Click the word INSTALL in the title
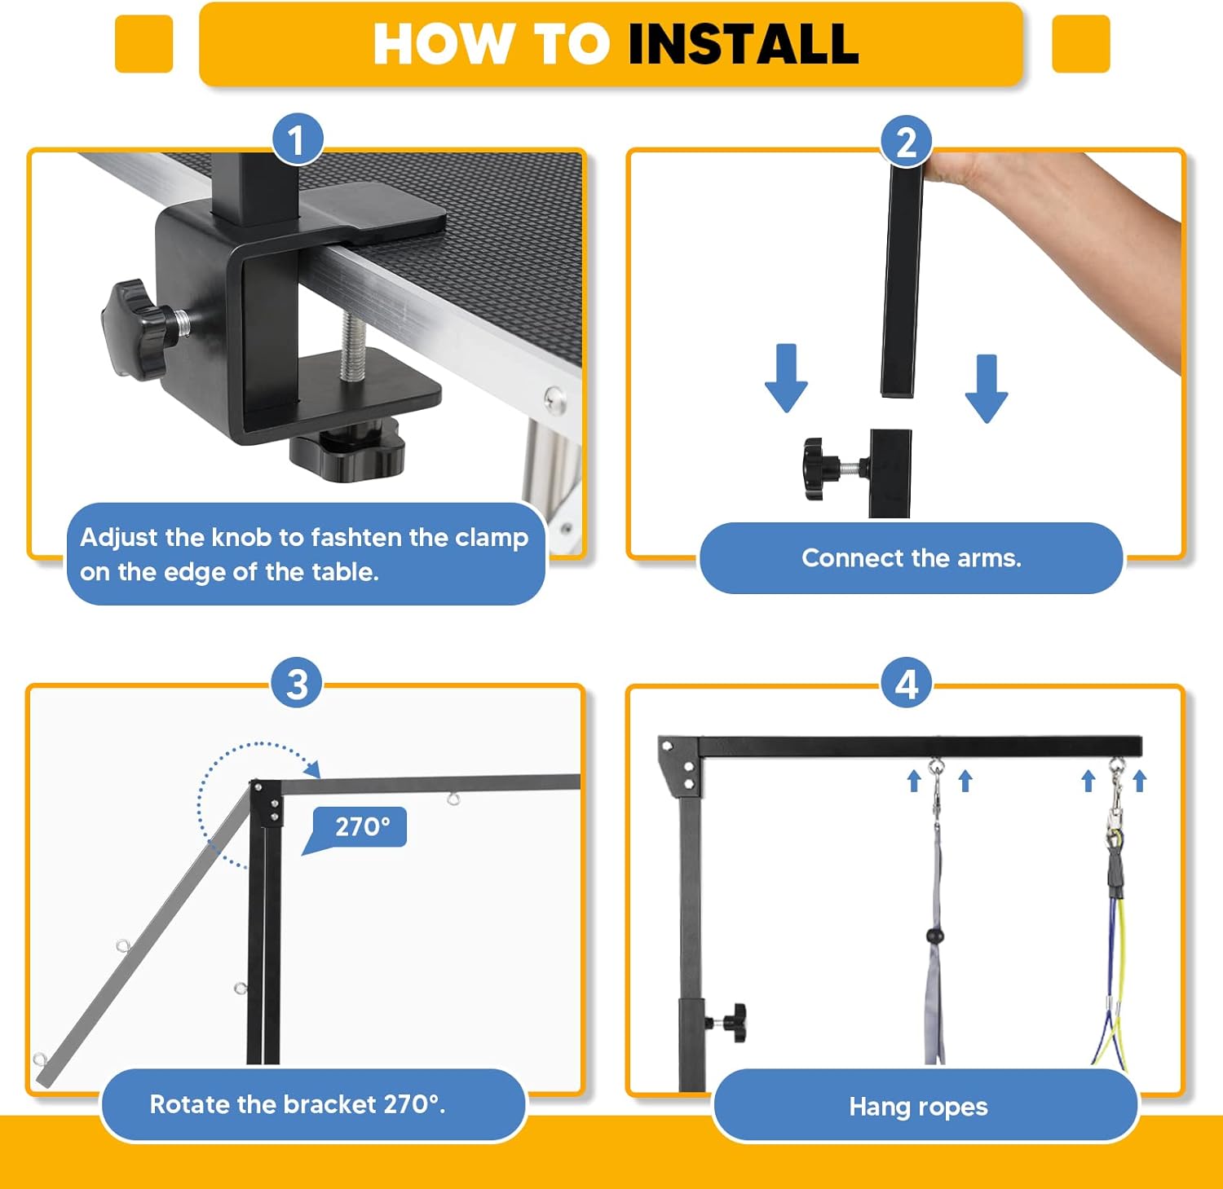click(743, 43)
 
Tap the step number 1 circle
click(297, 139)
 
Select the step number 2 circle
click(907, 142)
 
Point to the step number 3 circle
click(297, 683)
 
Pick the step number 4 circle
click(907, 683)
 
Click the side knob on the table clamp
click(135, 328)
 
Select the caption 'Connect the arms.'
click(912, 557)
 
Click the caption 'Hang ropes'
click(918, 1106)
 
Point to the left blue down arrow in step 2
click(786, 377)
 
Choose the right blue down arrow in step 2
click(987, 388)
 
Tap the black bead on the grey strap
click(934, 936)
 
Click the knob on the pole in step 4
click(731, 1022)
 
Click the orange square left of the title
click(144, 43)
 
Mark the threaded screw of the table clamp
click(352, 346)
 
